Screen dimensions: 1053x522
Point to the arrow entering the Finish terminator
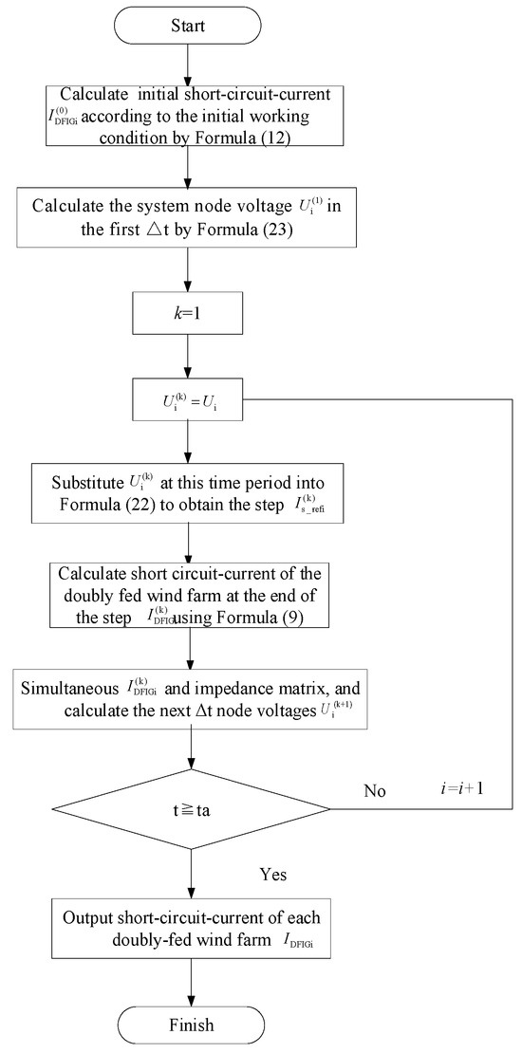[193, 982]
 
